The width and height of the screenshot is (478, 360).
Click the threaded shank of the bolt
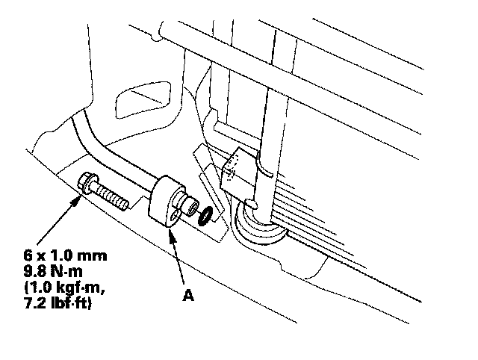pos(114,198)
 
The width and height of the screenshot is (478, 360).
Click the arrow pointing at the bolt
pos(59,220)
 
